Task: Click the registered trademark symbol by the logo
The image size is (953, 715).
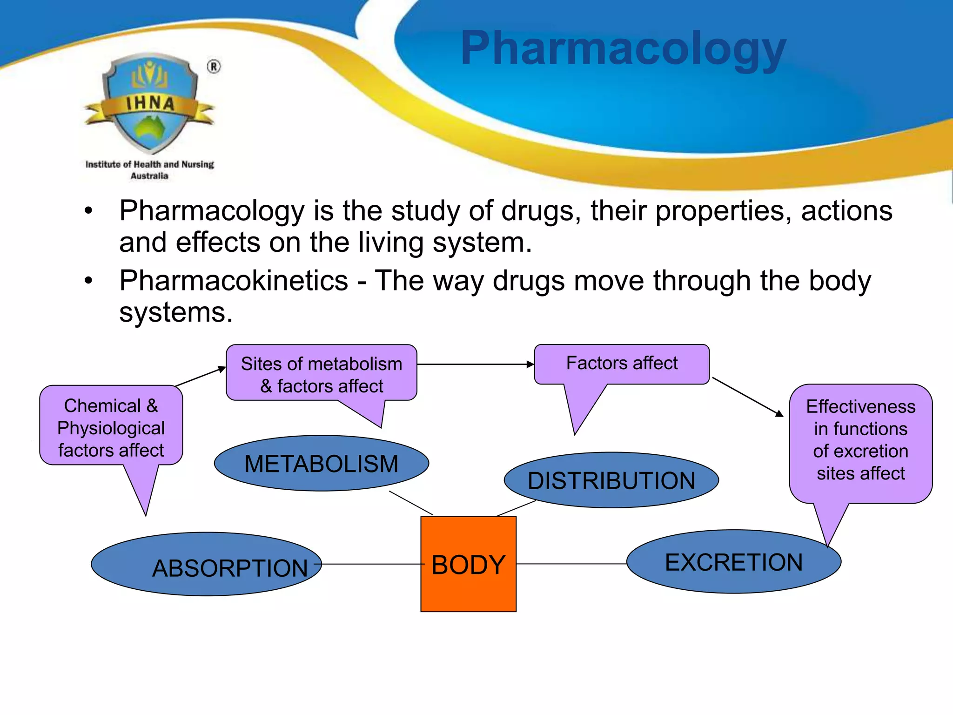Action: (x=214, y=67)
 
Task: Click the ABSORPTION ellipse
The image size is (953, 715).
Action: (x=206, y=564)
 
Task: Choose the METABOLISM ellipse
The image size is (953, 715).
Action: (x=321, y=463)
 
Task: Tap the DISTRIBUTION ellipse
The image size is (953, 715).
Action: (x=611, y=480)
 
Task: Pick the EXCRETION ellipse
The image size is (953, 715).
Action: (x=733, y=561)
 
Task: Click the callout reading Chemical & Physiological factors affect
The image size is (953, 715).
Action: (x=111, y=427)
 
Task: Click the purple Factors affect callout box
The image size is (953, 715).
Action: (x=622, y=364)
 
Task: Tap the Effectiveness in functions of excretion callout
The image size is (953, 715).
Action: (x=860, y=440)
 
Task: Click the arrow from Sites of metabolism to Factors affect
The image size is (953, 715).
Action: (x=475, y=364)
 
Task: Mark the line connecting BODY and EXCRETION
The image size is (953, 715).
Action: (x=571, y=564)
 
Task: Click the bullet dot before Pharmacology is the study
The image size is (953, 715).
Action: (x=88, y=211)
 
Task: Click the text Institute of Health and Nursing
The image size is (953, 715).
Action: (x=149, y=164)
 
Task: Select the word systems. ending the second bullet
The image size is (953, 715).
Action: (x=176, y=312)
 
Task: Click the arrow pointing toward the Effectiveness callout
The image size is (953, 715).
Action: (x=748, y=397)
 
